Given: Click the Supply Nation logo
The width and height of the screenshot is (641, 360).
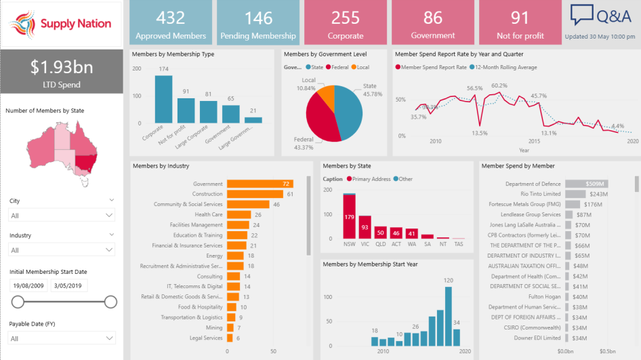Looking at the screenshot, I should [61, 24].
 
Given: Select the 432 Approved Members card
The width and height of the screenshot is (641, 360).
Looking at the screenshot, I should [171, 23].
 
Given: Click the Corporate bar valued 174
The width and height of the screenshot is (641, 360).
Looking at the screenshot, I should [163, 99].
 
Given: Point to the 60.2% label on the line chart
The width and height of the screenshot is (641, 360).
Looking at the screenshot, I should [499, 85].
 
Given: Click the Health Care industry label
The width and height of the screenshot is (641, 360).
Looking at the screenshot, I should [209, 214].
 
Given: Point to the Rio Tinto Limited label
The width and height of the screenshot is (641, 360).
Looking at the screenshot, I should [541, 194].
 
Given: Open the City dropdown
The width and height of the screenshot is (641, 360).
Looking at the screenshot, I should [62, 215].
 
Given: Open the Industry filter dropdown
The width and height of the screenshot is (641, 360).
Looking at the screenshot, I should [62, 249].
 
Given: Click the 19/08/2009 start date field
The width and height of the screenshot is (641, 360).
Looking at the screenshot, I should [28, 285].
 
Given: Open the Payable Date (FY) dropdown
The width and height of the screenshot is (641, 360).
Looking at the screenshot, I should [62, 338].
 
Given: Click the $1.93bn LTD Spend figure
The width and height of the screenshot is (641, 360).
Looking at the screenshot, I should [62, 67].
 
